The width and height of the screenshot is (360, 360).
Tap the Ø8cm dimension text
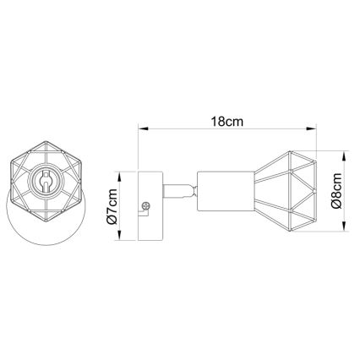pyautogui.click(x=335, y=191)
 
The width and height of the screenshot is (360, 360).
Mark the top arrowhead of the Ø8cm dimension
pyautogui.click(x=346, y=155)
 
